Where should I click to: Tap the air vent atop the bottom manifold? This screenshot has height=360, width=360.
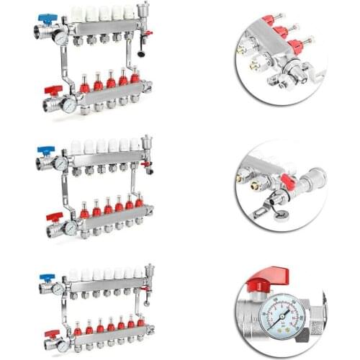pos(148,274)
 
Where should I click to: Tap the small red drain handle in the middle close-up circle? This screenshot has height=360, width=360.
pos(286,183)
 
